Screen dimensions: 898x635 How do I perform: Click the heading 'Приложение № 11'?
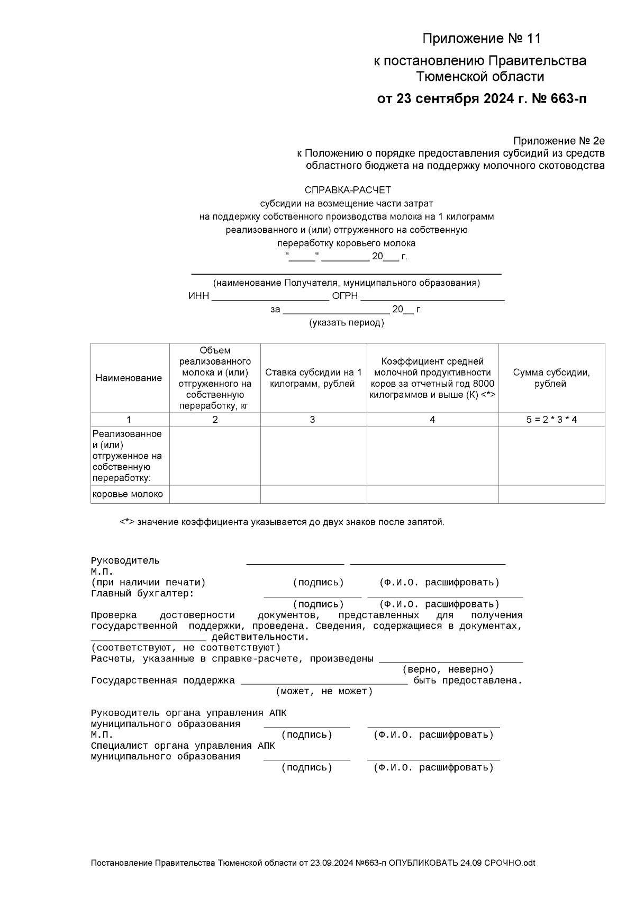tap(481, 39)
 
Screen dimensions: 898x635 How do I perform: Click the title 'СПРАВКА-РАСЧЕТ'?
tap(347, 190)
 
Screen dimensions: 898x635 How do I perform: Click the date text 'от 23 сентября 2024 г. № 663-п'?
tap(481, 99)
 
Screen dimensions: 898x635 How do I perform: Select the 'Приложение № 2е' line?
tap(558, 141)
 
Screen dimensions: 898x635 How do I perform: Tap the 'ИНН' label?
tap(198, 296)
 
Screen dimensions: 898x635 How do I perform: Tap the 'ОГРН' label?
tap(344, 296)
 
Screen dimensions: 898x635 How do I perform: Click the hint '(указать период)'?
tap(347, 322)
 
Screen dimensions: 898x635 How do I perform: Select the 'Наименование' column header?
tap(129, 378)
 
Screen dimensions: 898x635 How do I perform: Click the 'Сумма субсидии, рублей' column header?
tap(551, 378)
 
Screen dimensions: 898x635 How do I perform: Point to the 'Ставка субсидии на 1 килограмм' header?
tap(313, 378)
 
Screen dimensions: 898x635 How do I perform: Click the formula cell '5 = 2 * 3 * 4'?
tap(551, 420)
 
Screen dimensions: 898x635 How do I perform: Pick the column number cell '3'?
tap(312, 420)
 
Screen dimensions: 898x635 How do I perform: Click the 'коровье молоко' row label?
tap(128, 494)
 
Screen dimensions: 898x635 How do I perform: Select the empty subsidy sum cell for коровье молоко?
tap(551, 494)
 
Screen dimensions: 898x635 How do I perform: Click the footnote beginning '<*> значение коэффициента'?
tap(282, 522)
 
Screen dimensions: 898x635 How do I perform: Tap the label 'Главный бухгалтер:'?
tap(142, 593)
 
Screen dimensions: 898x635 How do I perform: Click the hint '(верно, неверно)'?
tap(448, 669)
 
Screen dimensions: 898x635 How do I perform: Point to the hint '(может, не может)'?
tap(324, 691)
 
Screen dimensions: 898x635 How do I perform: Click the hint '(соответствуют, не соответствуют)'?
tap(185, 648)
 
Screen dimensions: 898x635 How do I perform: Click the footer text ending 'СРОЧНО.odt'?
tap(313, 863)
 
